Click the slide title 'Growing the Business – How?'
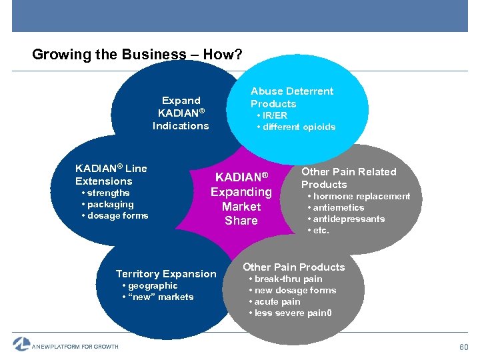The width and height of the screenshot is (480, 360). coord(137,55)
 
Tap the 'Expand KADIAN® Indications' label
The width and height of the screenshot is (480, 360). coord(181,113)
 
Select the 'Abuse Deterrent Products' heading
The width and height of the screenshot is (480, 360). coord(291,97)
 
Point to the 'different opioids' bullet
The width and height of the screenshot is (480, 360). coord(299,127)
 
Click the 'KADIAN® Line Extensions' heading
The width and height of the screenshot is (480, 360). coord(111,175)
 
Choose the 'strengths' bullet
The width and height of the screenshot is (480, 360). coord(108,193)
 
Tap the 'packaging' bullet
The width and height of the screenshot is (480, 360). coord(110,205)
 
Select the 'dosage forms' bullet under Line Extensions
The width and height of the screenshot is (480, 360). coord(117,216)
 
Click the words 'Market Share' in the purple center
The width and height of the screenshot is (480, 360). coord(241,213)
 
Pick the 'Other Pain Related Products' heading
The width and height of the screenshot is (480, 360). coord(348,178)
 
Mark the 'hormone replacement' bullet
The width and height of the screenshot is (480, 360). coord(361,197)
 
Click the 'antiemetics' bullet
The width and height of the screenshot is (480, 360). coord(339,208)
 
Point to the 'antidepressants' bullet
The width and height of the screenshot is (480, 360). coord(349,219)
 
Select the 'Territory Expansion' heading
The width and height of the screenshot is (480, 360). coord(166,274)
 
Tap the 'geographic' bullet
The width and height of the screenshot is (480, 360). coord(153,286)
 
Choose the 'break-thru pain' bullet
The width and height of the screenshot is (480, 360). coord(288,279)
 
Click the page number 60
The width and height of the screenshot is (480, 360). coord(463,347)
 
